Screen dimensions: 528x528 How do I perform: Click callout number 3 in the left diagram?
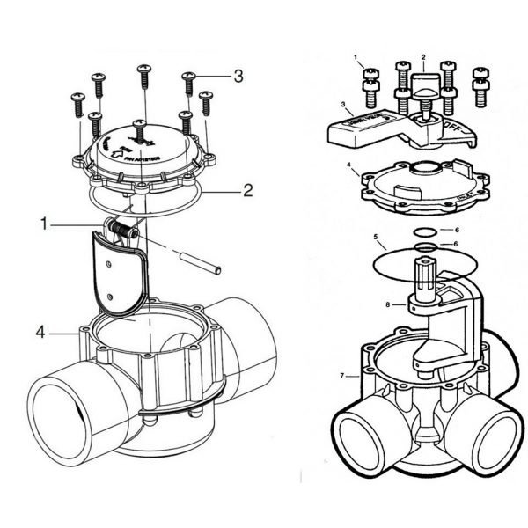tap(238, 77)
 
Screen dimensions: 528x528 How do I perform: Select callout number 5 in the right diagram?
tap(376, 238)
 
